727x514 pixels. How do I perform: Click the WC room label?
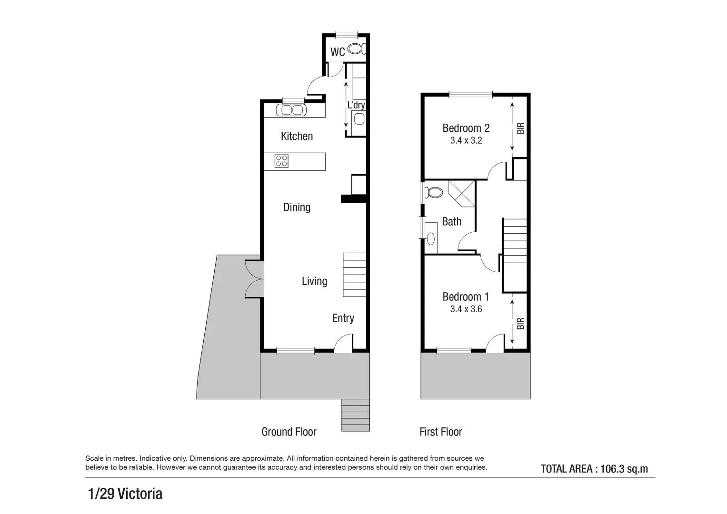click(338, 52)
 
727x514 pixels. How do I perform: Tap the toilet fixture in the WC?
click(356, 49)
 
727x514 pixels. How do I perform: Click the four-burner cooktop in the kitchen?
click(281, 161)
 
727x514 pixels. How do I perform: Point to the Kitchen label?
click(297, 136)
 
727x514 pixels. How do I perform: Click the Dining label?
click(297, 207)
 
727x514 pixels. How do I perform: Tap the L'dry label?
click(356, 105)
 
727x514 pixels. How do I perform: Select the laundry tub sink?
click(359, 119)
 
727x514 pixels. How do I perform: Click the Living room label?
click(314, 281)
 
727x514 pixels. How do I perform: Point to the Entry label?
click(343, 318)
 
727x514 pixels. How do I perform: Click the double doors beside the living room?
click(254, 279)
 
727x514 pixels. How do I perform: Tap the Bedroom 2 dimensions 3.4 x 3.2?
click(466, 141)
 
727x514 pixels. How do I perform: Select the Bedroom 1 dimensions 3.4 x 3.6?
click(466, 309)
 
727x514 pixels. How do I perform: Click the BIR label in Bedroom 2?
click(520, 128)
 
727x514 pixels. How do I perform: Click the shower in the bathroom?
click(461, 193)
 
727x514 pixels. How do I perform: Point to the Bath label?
click(451, 221)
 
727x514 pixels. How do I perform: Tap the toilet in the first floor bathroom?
click(433, 192)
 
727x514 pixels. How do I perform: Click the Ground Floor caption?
click(289, 432)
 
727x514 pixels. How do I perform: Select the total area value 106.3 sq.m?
click(624, 469)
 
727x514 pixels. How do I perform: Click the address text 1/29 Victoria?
click(125, 494)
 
